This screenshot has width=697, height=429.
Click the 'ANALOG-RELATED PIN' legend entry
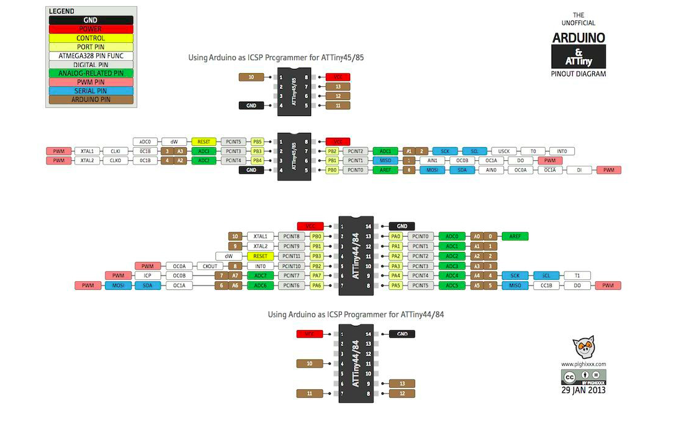[91, 73]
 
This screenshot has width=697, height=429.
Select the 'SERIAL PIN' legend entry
[91, 90]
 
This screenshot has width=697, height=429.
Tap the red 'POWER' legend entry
[91, 29]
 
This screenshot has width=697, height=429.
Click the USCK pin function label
[503, 151]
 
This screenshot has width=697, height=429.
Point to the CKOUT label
[210, 266]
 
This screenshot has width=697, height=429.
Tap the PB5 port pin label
[257, 142]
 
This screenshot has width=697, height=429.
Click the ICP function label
[148, 276]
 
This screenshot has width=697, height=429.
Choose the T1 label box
[577, 276]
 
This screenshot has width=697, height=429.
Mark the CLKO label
[115, 160]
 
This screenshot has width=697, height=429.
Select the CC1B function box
[547, 286]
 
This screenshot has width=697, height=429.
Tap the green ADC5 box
[452, 286]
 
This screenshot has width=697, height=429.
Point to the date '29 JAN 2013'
[583, 390]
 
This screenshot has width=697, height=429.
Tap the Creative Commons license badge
[583, 376]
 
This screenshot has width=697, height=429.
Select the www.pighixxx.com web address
[583, 364]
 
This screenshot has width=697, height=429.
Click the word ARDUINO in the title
[578, 38]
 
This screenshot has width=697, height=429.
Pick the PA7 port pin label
[317, 276]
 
